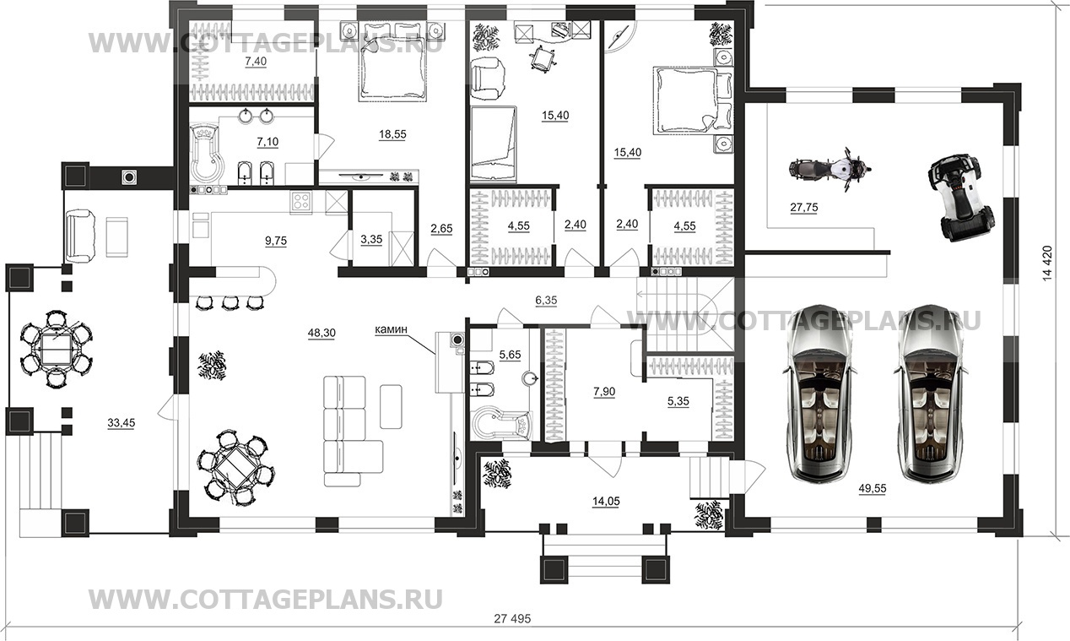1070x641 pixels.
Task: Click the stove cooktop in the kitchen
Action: click(300, 201)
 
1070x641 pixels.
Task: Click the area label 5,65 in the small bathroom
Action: click(510, 356)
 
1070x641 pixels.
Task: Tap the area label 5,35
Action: click(678, 402)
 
